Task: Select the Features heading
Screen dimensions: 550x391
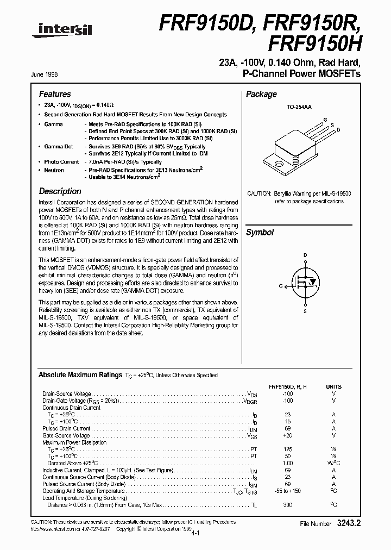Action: point(54,95)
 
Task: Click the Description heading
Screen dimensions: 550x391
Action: point(60,191)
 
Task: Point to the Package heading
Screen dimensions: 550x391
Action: point(261,95)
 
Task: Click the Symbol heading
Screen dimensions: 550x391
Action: point(260,233)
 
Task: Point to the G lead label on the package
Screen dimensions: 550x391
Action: point(325,118)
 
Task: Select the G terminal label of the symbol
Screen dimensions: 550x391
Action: point(281,285)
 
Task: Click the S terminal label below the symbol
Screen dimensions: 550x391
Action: point(305,311)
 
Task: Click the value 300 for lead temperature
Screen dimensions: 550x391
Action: point(287,505)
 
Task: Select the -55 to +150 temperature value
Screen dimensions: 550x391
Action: point(287,491)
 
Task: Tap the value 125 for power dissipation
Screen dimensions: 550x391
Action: point(287,449)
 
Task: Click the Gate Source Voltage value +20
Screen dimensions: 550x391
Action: point(287,435)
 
